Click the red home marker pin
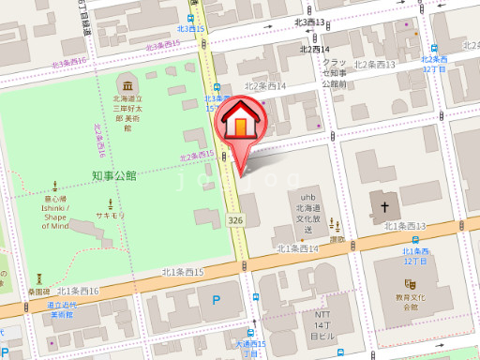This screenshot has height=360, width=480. pyautogui.click(x=241, y=126)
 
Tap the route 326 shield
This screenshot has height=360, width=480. pyautogui.click(x=235, y=218)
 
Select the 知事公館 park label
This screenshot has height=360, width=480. pyautogui.click(x=114, y=175)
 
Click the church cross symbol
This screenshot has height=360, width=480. pyautogui.click(x=383, y=205)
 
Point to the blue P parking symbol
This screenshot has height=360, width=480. pyautogui.click(x=217, y=302)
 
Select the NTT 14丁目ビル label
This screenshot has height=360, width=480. pyautogui.click(x=322, y=324)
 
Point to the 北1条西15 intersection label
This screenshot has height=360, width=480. pyautogui.click(x=182, y=272)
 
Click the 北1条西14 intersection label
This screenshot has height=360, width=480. pyautogui.click(x=298, y=248)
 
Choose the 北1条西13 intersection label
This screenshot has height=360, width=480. pyautogui.click(x=405, y=226)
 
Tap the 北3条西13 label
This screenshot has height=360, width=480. pyautogui.click(x=309, y=22)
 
